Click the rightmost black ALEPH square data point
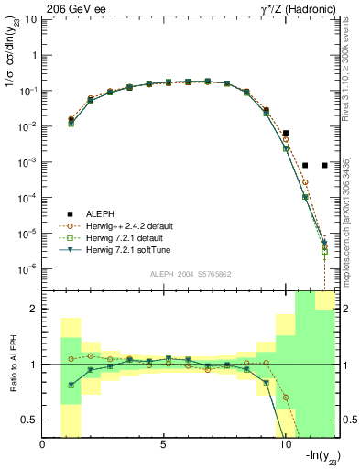(x=325, y=165)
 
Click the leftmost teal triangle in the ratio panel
(x=71, y=386)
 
